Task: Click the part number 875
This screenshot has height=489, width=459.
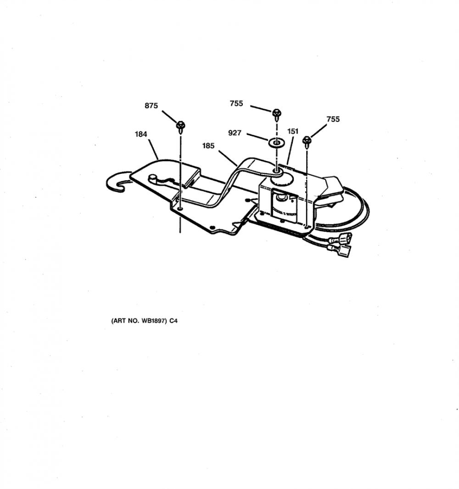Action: click(151, 106)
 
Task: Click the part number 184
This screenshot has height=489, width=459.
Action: click(141, 134)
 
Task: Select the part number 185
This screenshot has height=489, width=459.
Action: click(208, 145)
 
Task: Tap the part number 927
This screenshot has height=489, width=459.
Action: click(235, 133)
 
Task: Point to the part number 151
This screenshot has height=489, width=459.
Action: click(293, 131)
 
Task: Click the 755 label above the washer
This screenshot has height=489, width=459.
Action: click(236, 103)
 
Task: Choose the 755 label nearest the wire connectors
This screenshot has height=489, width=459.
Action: click(333, 119)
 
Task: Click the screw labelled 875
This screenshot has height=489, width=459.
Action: click(181, 127)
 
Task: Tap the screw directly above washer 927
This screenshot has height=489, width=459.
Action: click(276, 115)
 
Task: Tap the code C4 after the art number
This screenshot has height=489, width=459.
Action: click(174, 321)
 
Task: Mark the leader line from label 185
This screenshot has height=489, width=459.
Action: click(228, 158)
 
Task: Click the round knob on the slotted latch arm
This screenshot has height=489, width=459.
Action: click(152, 178)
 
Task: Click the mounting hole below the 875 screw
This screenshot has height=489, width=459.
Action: click(180, 208)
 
